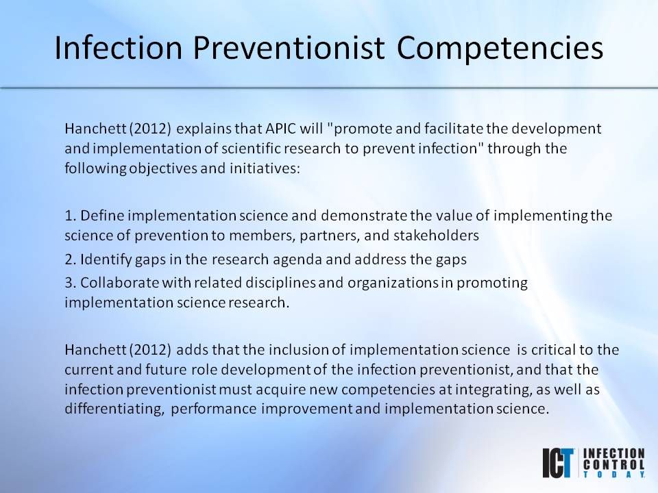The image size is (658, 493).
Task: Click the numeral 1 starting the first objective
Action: [68, 216]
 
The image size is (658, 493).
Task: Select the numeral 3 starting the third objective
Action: [68, 282]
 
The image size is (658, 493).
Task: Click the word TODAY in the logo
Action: [613, 474]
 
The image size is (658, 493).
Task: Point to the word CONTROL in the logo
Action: [614, 464]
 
